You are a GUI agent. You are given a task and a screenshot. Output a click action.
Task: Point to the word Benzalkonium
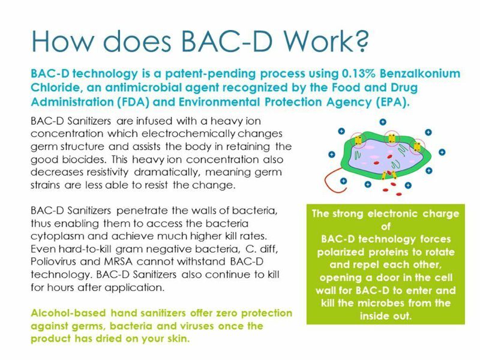(x=420, y=73)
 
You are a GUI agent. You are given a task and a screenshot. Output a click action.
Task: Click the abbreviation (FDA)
(x=133, y=102)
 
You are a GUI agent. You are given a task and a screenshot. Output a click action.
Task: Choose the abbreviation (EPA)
(x=393, y=102)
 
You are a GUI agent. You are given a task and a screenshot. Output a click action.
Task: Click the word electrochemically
(x=188, y=134)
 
